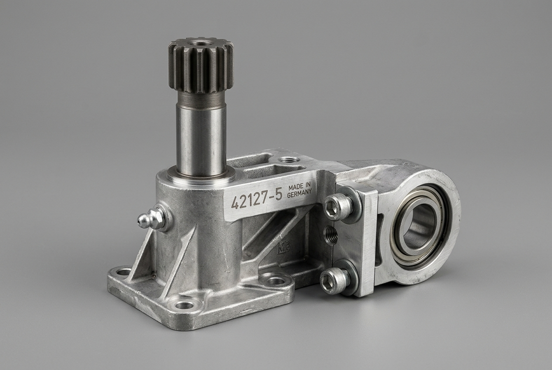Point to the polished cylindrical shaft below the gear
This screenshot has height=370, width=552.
coord(201,138)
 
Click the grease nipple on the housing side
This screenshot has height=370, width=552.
coord(152,218)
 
